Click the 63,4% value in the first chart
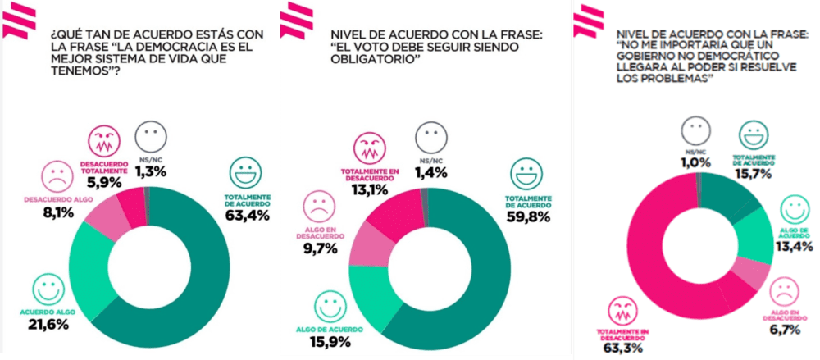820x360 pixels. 244,216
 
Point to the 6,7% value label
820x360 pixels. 783,330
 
